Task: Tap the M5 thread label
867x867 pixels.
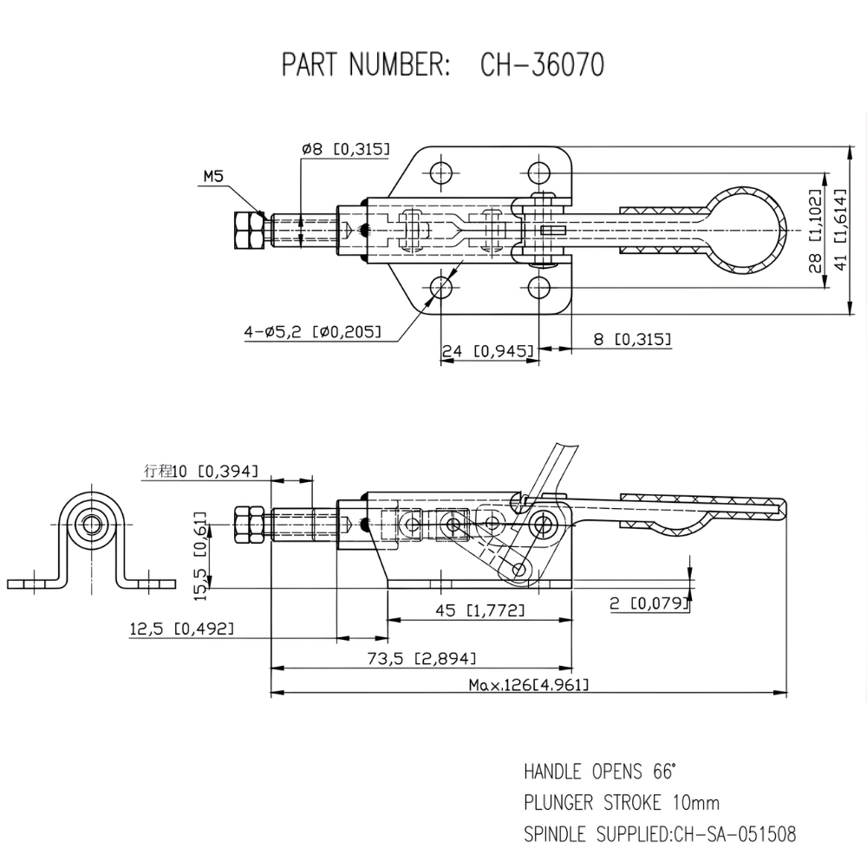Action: click(x=213, y=177)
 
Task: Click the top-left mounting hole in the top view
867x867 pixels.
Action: click(x=441, y=170)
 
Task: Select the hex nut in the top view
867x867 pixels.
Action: click(x=248, y=230)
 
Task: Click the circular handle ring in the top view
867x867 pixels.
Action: click(x=746, y=230)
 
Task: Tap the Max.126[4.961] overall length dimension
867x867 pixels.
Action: click(x=529, y=685)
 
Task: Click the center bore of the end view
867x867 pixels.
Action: click(x=91, y=523)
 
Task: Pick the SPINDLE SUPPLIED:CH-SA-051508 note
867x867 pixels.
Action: click(x=660, y=835)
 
